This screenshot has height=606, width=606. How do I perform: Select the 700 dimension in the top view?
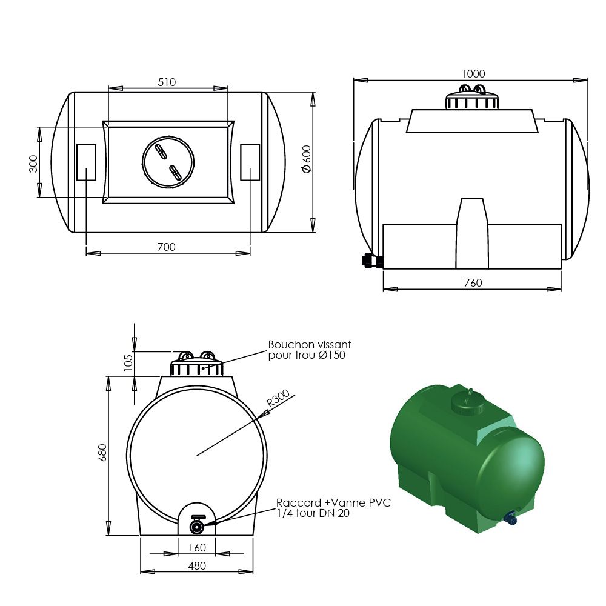(166, 247)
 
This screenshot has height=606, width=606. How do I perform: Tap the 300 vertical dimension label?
(33, 163)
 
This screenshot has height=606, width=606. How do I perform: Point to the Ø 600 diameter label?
(307, 159)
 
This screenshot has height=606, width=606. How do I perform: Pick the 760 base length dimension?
(473, 283)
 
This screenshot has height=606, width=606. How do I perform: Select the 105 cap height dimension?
(128, 362)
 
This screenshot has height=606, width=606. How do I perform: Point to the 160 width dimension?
(197, 547)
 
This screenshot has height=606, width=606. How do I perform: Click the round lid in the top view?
(168, 162)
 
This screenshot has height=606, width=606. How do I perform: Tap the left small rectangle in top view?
(86, 162)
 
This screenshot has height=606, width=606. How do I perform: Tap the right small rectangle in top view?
(250, 162)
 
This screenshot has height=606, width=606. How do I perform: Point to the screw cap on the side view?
(472, 99)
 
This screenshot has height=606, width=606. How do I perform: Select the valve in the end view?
(197, 525)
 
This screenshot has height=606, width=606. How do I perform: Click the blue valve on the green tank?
(510, 518)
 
